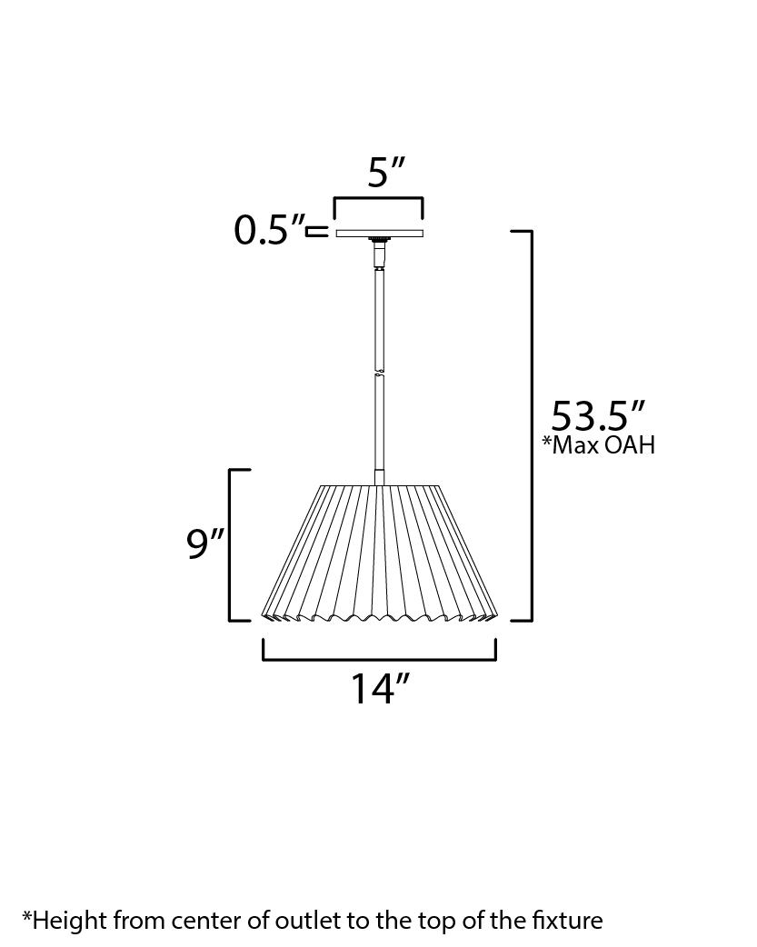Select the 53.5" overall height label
(x=598, y=415)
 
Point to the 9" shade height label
(x=205, y=543)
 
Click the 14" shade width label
(x=381, y=689)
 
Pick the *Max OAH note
(x=598, y=445)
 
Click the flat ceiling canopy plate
(x=379, y=234)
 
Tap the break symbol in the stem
(x=379, y=372)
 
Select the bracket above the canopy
(x=378, y=198)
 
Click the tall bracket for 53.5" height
(x=531, y=425)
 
